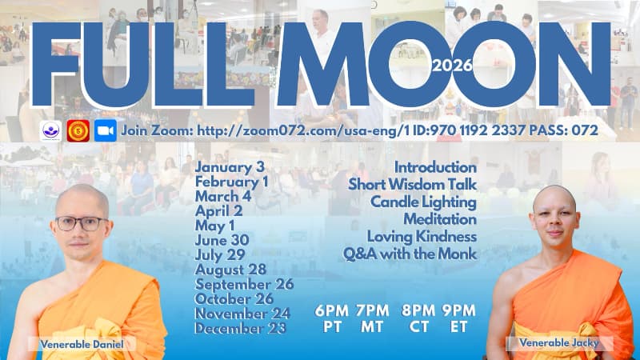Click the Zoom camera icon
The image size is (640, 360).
105,130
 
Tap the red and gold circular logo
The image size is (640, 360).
78,130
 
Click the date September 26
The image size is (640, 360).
244,283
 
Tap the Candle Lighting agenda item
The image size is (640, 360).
423,202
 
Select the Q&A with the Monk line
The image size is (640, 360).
410,254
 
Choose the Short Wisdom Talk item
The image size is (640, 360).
412,185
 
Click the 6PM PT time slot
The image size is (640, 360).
330,318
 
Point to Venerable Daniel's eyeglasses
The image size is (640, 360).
81,223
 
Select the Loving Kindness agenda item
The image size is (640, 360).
422,237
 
